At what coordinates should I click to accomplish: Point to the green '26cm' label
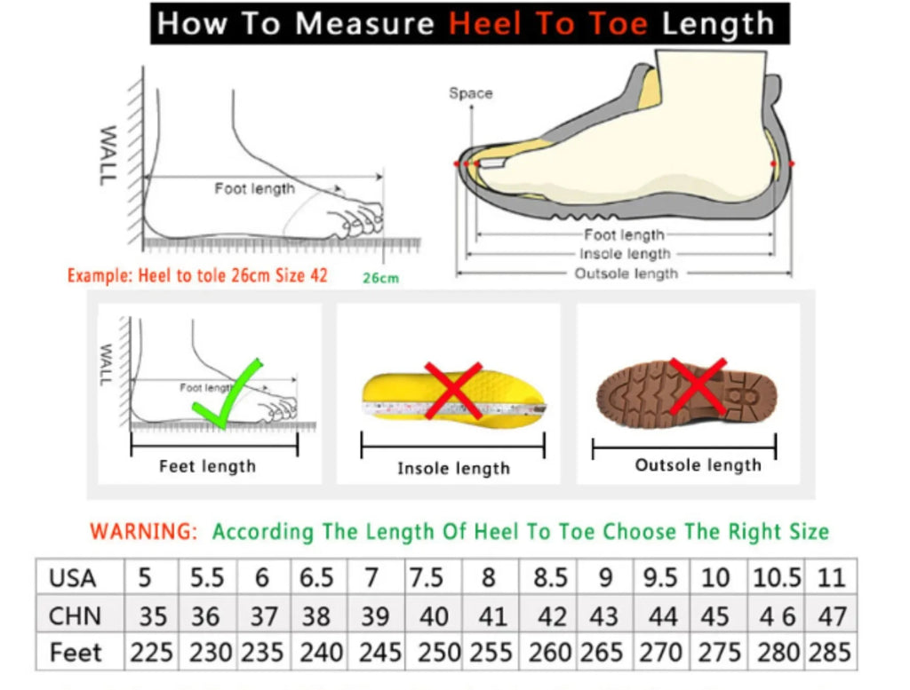pyautogui.click(x=380, y=278)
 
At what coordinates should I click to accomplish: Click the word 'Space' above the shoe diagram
pyautogui.click(x=470, y=93)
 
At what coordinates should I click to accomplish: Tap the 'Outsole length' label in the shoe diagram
pyautogui.click(x=626, y=274)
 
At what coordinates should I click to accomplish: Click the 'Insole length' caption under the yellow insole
pyautogui.click(x=453, y=468)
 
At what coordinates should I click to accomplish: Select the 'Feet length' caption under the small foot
pyautogui.click(x=207, y=466)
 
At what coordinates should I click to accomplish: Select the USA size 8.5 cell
pyautogui.click(x=550, y=578)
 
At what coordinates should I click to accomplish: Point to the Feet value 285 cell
pyautogui.click(x=830, y=653)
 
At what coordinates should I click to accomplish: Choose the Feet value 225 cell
pyautogui.click(x=151, y=653)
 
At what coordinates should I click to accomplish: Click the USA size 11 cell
pyautogui.click(x=830, y=578)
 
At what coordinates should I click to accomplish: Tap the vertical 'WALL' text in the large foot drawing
pyautogui.click(x=107, y=155)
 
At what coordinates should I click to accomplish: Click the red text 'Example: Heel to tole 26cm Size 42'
pyautogui.click(x=197, y=275)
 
